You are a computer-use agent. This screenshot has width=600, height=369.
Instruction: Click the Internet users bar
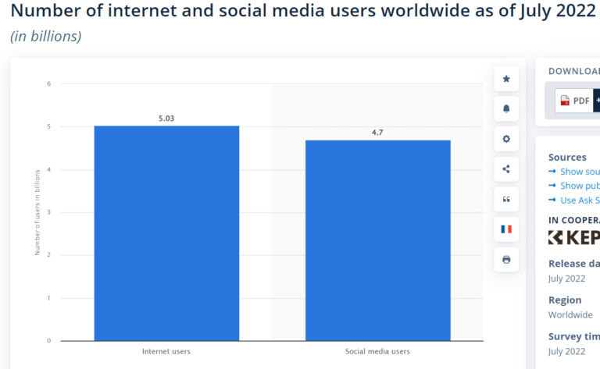coord(166,233)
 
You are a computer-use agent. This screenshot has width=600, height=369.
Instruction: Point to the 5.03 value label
coord(166,119)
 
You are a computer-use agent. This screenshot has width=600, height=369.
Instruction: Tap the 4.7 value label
coord(377,133)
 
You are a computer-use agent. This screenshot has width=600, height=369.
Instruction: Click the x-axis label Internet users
coord(166,351)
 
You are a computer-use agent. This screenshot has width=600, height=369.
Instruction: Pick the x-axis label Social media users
coord(377,351)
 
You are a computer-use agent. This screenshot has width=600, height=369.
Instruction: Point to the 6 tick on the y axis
coord(48,83)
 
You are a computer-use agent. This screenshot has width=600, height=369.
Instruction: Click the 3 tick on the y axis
coord(48,212)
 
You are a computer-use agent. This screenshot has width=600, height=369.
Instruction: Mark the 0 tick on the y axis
coord(48,341)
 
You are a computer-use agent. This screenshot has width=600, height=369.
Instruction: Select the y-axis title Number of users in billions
coord(37,212)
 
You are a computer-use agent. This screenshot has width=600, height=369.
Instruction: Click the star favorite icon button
coord(506,79)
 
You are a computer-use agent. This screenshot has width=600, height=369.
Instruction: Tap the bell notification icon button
coord(506,109)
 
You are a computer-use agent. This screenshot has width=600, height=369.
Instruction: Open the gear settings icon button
coord(506,139)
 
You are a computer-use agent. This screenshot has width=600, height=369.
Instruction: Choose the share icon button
coord(506,169)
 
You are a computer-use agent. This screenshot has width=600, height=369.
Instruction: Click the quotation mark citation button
coord(506,199)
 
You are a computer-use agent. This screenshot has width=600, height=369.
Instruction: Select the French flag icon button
coord(506,229)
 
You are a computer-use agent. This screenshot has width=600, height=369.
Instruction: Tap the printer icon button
coord(506,259)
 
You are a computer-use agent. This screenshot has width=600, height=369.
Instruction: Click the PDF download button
coord(575,101)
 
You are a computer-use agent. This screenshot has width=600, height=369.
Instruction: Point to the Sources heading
coord(567,157)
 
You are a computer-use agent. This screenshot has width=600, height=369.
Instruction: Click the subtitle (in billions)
coord(45,37)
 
